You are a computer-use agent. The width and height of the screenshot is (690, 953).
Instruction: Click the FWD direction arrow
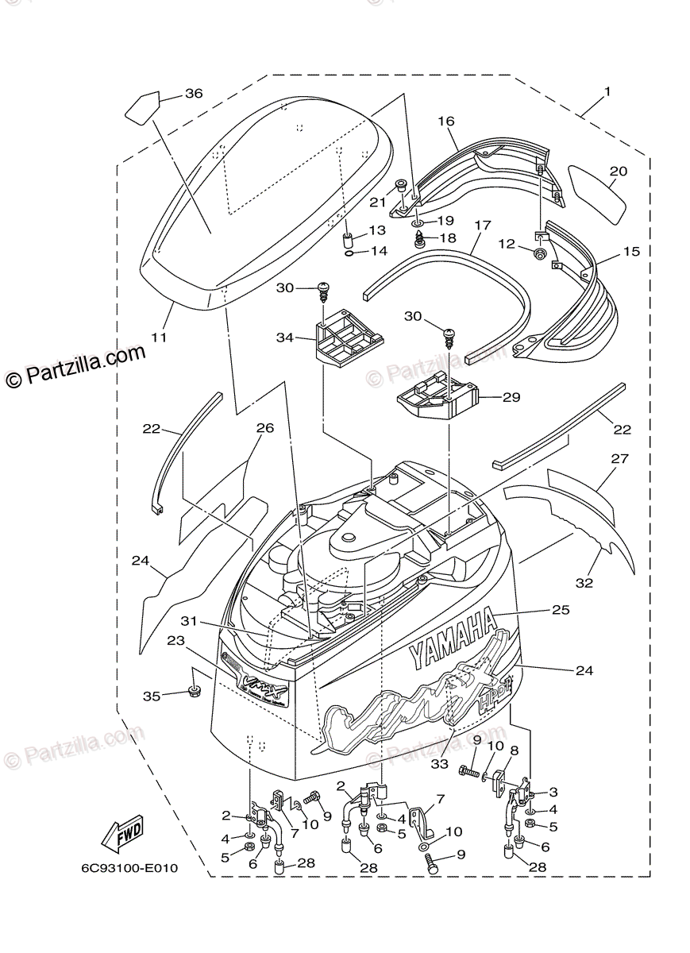pos(122,835)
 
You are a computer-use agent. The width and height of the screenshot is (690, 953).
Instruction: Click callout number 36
pos(194,94)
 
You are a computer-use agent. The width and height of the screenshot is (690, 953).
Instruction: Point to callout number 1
pos(607,92)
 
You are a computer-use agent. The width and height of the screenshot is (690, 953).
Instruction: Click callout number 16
pos(445,122)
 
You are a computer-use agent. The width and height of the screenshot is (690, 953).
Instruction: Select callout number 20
pos(619,171)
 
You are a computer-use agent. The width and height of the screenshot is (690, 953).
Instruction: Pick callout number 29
pos(511,396)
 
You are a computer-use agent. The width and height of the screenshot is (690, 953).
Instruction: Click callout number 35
pos(152,696)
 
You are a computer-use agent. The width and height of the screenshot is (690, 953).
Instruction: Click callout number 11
pos(159,338)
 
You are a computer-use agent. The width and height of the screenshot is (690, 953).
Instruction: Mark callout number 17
pos(483,226)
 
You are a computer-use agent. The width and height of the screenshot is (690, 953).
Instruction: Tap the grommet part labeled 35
pos(194,689)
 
